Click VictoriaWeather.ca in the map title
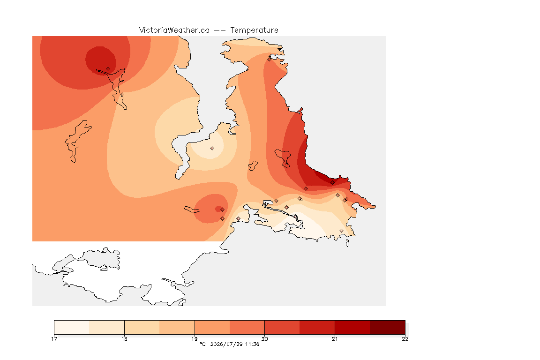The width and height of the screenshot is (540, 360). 174,30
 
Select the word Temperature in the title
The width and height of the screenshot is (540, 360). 254,30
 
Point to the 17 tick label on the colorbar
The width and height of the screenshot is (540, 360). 54,339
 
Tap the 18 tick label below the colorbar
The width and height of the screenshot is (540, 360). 124,339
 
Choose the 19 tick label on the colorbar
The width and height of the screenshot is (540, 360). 195,339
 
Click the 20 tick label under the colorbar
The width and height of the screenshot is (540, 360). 264,339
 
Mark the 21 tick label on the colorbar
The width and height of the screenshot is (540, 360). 335,339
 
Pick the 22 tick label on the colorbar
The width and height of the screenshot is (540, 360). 405,339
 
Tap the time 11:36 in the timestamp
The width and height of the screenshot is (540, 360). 252,344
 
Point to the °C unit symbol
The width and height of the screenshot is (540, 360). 202,344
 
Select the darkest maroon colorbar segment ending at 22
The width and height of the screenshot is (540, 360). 388,327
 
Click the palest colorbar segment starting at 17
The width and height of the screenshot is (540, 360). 72,327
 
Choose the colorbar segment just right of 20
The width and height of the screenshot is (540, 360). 282,327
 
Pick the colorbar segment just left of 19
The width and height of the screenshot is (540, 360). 177,327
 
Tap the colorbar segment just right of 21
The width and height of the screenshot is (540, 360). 352,327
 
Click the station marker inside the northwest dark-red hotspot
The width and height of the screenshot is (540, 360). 108,69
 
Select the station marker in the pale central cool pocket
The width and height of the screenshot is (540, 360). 212,149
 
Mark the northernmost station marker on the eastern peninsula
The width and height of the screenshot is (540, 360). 270,59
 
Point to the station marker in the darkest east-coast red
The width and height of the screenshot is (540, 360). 332,183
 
